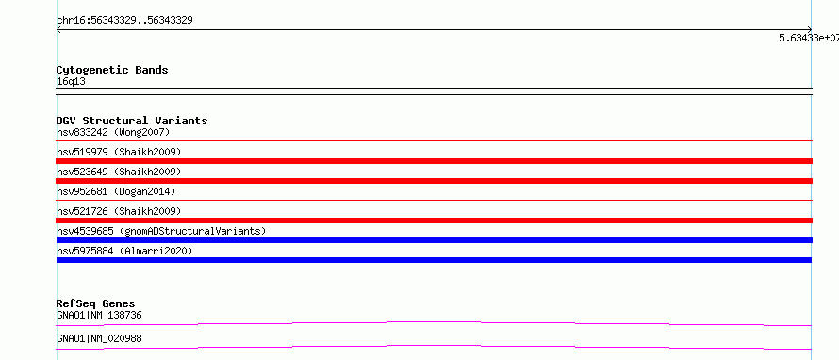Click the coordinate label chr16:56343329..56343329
pyautogui.click(x=124, y=21)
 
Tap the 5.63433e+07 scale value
pyautogui.click(x=809, y=38)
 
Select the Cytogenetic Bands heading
pyautogui.click(x=112, y=70)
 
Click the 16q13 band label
pyautogui.click(x=71, y=82)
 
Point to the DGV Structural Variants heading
pyautogui.click(x=132, y=121)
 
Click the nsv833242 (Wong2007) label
pyautogui.click(x=113, y=132)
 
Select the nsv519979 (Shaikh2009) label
pyautogui.click(x=119, y=152)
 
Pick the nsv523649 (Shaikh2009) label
pyautogui.click(x=119, y=172)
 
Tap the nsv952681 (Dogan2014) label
pyautogui.click(x=116, y=191)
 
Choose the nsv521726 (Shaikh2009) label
pyautogui.click(x=119, y=211)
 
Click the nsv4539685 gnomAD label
pyautogui.click(x=161, y=231)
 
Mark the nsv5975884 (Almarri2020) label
pyautogui.click(x=124, y=251)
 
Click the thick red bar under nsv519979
pyautogui.click(x=434, y=161)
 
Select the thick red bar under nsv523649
pyautogui.click(x=434, y=181)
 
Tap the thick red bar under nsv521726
pyautogui.click(x=434, y=221)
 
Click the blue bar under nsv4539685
pyautogui.click(x=434, y=240)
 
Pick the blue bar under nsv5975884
pyautogui.click(x=434, y=260)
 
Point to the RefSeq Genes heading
pyautogui.click(x=96, y=303)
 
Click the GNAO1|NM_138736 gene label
pyautogui.click(x=99, y=316)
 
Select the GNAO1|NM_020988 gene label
pyautogui.click(x=99, y=339)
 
